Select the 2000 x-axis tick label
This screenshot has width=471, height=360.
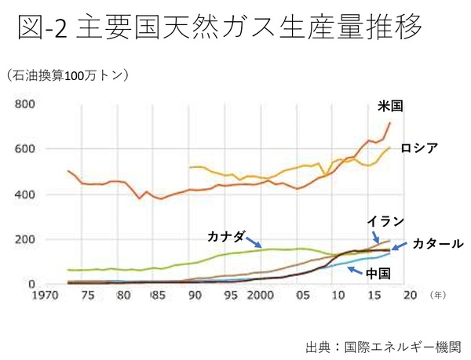coord(260,296)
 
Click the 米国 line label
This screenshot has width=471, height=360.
coord(390,105)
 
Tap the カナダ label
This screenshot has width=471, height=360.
coord(226,235)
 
